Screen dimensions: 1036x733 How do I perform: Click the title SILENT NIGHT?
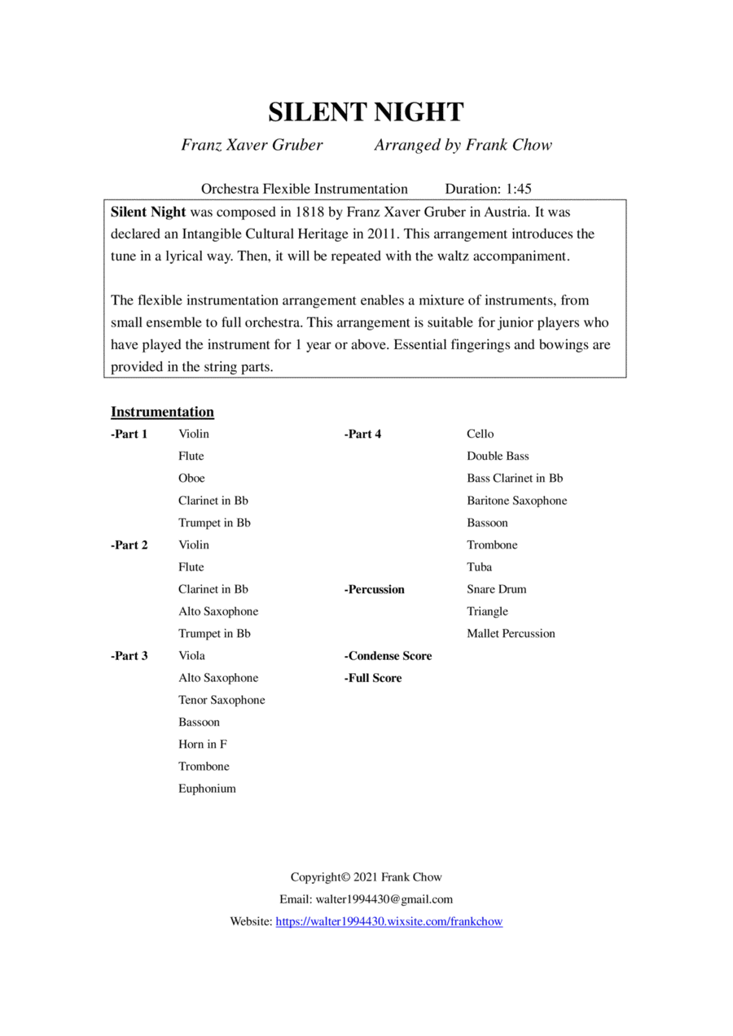click(366, 112)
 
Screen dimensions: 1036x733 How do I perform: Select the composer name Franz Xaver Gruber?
click(252, 146)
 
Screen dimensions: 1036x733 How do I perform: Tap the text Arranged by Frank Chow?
click(463, 146)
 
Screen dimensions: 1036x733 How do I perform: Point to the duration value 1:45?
click(518, 189)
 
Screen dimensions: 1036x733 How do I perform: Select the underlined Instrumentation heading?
click(162, 412)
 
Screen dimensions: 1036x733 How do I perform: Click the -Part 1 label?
click(129, 434)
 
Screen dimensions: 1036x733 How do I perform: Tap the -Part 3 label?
click(129, 656)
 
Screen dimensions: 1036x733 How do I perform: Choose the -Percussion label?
click(375, 589)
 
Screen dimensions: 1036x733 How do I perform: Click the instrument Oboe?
click(191, 479)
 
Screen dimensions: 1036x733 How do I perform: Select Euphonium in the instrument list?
click(207, 789)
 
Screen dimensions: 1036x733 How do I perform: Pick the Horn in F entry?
click(203, 745)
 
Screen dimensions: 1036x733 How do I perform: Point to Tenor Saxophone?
click(222, 700)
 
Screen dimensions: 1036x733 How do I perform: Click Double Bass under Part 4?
click(498, 457)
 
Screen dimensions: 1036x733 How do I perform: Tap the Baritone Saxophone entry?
click(516, 501)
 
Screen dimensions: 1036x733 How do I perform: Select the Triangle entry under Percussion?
click(487, 611)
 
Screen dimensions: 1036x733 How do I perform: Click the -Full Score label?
click(373, 678)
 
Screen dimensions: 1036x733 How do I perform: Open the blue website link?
click(389, 922)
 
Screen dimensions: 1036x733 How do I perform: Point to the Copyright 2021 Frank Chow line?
click(366, 877)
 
